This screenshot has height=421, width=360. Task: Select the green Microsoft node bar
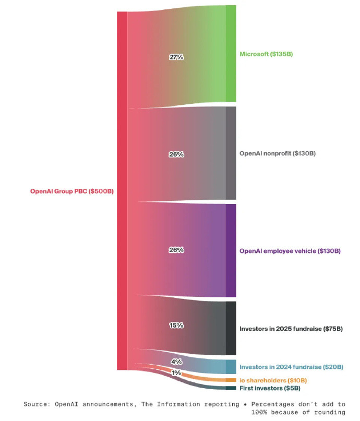[231, 54]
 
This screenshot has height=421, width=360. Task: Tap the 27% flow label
[176, 57]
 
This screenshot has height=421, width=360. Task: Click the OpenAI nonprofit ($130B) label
[278, 153]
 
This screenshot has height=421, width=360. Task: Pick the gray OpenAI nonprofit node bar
[231, 153]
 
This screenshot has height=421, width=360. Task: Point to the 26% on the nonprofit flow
[176, 154]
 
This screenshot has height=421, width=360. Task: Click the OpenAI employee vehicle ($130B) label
[290, 251]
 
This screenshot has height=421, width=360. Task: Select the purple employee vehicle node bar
[231, 250]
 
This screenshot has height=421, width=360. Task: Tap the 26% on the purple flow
[176, 250]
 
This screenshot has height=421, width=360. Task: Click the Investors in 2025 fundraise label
[291, 329]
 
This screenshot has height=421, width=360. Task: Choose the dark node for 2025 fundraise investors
[231, 328]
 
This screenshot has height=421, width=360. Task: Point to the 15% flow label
[176, 325]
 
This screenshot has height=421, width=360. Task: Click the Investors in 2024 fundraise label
[291, 367]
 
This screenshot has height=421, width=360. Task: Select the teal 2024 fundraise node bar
[231, 367]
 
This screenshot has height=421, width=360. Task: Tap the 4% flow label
[176, 362]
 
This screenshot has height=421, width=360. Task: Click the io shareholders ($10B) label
[273, 380]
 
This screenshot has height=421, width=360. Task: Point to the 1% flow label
[176, 373]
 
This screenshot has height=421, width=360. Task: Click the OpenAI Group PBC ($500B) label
[71, 191]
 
